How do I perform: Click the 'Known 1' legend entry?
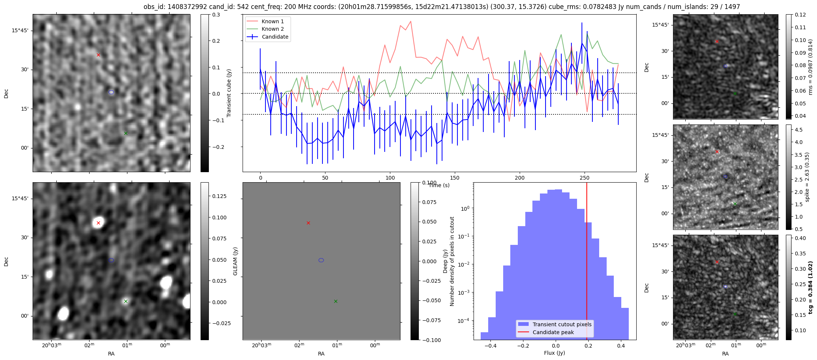273,21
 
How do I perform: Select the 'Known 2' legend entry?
273,29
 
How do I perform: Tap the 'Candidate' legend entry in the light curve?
275,37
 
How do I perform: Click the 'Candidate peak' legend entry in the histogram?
553,332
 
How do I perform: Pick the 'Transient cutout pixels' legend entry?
562,324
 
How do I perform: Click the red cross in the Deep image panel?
98,223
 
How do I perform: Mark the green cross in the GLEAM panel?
336,301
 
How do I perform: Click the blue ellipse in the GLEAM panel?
321,260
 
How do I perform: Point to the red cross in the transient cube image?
98,55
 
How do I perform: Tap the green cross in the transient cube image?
126,133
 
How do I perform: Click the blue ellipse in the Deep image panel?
111,260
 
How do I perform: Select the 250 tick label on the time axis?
584,178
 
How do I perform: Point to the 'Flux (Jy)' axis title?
554,353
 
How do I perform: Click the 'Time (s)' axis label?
439,185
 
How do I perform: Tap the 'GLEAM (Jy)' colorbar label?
235,261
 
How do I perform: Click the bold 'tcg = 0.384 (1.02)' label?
810,288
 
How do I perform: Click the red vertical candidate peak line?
587,262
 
